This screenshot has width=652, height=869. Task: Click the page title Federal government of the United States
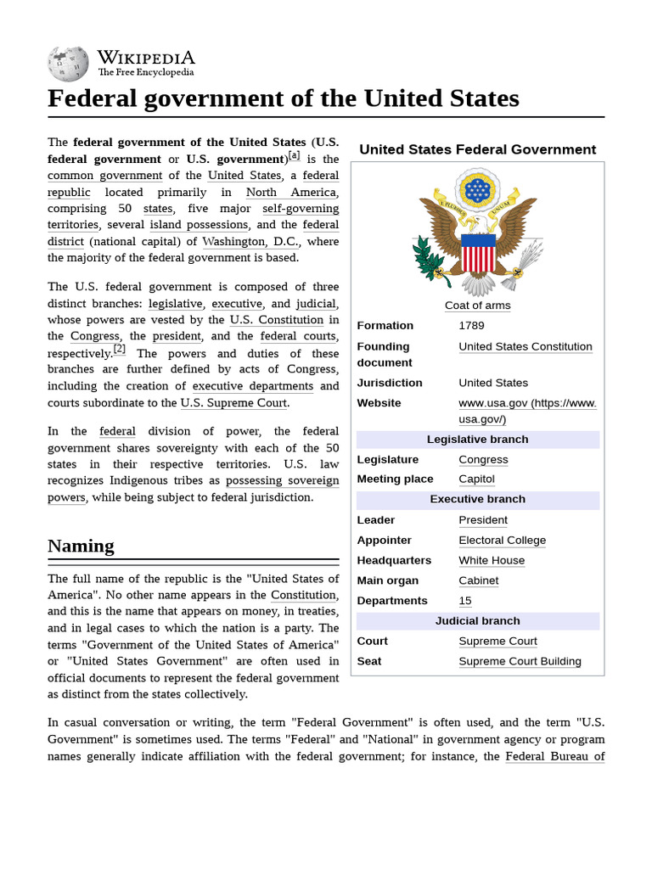pos(283,98)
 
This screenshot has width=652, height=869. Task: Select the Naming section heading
pos(81,546)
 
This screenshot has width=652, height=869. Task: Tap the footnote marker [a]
pos(294,155)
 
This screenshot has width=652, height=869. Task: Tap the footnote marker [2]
pos(120,349)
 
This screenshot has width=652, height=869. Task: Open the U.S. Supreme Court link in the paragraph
pos(233,402)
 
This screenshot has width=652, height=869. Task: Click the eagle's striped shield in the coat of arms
pos(478,252)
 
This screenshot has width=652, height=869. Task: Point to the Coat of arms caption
pos(477,305)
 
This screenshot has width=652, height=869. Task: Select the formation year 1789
pos(472,325)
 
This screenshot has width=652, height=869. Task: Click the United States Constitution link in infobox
pos(526,346)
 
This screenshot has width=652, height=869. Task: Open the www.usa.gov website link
pos(527,411)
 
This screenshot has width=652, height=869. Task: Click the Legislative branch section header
pos(477,439)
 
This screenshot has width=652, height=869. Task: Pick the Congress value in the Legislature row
pos(483,459)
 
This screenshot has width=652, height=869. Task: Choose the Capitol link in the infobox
pos(476,479)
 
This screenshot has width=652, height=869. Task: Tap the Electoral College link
pos(502,540)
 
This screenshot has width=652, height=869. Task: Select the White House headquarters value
pos(492,560)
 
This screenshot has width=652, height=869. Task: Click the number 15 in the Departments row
pos(465,600)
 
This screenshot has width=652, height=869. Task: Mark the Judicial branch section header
pos(477,620)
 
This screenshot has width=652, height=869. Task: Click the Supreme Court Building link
pos(520,661)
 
